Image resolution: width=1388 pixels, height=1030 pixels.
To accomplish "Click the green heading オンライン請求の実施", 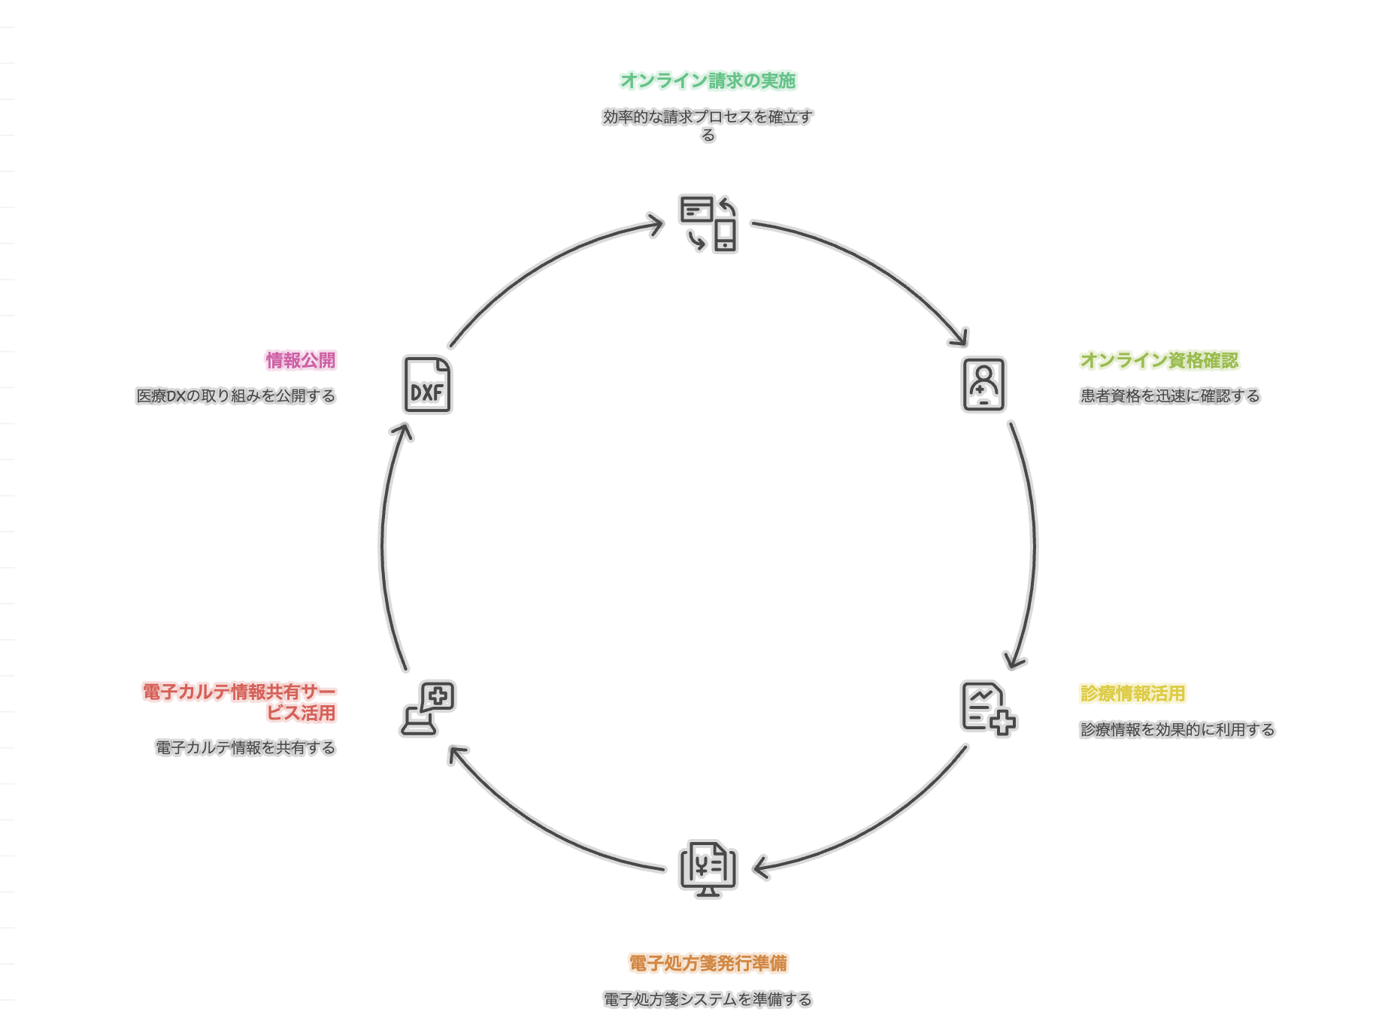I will tap(708, 80).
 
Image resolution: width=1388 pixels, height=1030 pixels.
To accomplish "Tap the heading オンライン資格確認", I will tap(1159, 360).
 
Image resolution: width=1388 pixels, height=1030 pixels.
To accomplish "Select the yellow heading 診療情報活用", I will tap(1132, 693).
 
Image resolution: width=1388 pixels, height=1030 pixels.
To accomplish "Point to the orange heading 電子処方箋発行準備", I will tap(708, 963).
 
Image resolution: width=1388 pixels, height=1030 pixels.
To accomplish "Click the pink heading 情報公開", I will tap(301, 360).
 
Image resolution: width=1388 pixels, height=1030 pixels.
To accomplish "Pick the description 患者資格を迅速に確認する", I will tap(1169, 395).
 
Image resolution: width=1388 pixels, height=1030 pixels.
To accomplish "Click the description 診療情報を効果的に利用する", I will tap(1177, 729).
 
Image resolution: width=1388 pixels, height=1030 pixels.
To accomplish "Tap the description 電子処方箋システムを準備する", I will tap(708, 999).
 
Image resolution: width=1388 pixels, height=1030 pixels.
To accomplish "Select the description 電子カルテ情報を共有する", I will tap(245, 747).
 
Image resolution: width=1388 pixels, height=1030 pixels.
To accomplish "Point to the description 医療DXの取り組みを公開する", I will tap(235, 395).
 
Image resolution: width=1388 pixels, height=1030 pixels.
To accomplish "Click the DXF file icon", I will tap(427, 385).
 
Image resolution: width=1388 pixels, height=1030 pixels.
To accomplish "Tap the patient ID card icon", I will tap(983, 385).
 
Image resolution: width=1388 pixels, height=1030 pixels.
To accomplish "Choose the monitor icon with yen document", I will tap(708, 868).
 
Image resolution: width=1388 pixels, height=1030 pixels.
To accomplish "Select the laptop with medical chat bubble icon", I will tap(427, 708).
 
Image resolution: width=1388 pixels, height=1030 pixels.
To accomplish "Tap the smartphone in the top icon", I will tap(726, 235).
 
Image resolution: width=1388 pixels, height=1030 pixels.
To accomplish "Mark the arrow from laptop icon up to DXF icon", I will tap(383, 541).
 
